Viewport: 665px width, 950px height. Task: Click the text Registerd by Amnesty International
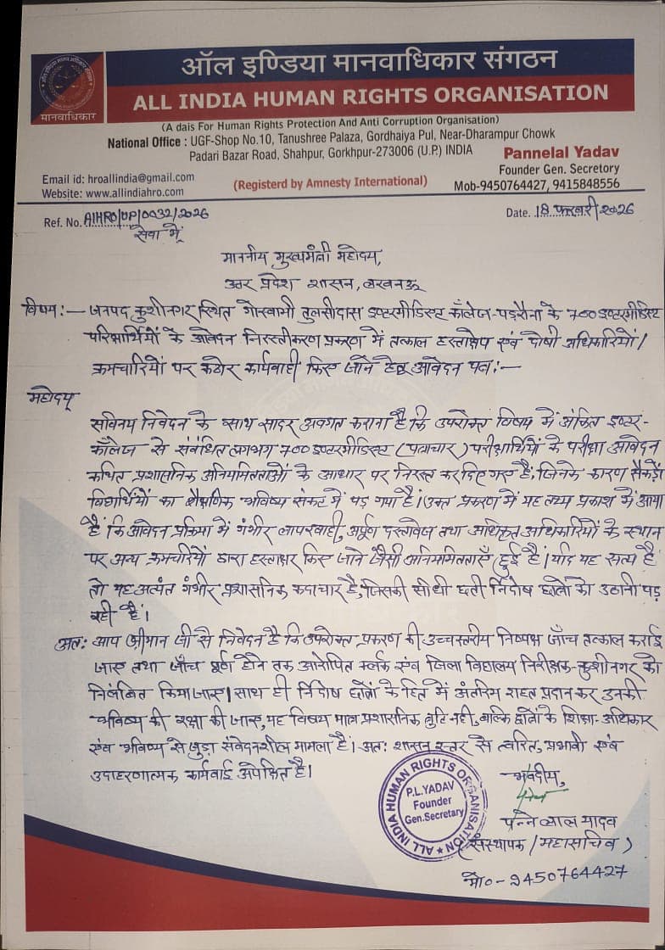(x=330, y=182)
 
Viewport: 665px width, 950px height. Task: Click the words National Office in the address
(x=143, y=142)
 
